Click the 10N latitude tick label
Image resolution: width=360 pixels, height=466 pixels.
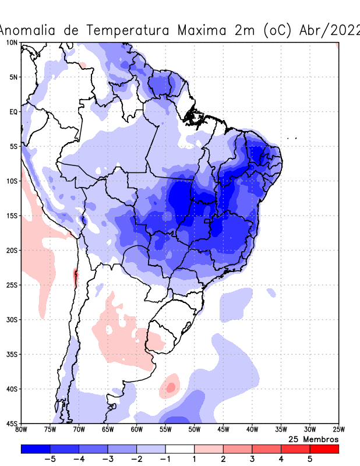tap(11, 43)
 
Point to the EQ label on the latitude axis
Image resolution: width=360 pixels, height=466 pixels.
tap(13, 111)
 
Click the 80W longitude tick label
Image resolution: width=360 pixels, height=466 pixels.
tap(21, 430)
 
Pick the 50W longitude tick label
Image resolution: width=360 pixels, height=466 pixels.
tap(194, 430)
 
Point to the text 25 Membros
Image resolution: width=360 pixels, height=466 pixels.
tap(313, 439)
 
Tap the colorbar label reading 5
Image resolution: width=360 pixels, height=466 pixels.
tap(310, 459)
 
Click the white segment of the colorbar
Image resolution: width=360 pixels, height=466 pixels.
tap(180, 449)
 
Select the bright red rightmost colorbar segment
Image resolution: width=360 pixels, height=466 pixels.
tap(324, 449)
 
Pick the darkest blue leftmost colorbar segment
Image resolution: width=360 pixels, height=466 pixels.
tap(36, 449)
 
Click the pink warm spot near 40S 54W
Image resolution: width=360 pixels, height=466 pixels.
tap(171, 387)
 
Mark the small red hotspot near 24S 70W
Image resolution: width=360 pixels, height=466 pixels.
tap(75, 274)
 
